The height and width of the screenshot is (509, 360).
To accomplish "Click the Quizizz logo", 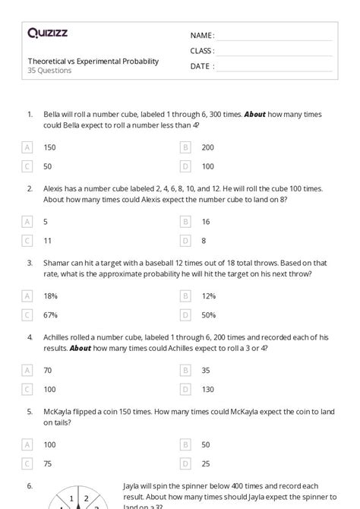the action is point(49,33).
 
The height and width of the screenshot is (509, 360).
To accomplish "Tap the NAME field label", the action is point(202,36).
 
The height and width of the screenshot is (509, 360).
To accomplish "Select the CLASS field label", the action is point(202,51).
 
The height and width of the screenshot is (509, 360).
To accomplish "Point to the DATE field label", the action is point(201,66).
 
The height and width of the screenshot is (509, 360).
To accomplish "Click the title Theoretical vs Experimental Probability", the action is point(93,62).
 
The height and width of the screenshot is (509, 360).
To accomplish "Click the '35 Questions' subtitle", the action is point(50,71).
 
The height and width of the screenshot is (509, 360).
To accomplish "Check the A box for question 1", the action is point(28,147).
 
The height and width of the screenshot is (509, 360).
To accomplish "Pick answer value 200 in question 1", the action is point(208,147).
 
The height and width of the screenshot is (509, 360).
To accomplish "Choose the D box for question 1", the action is point(185,166).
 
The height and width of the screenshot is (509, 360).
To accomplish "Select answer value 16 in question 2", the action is point(206,222).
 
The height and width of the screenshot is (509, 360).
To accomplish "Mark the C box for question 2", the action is point(28,240).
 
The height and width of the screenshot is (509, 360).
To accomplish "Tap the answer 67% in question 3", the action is point(51,315).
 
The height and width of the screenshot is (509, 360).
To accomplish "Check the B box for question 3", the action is point(185,296).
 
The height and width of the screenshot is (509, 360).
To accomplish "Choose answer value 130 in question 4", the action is point(208,389).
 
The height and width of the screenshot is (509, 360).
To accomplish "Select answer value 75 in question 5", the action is point(49,463).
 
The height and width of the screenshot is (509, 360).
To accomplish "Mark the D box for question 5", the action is point(185,463).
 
